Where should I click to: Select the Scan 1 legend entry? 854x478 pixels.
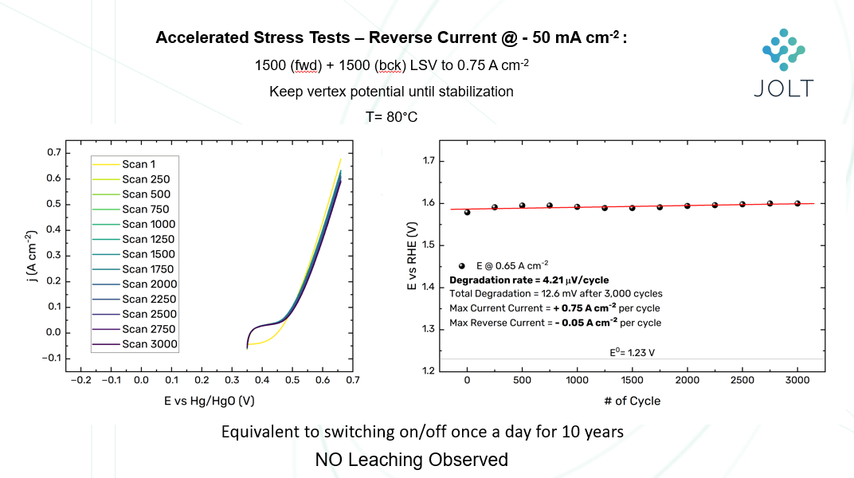139,164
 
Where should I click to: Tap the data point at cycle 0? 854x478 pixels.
467,212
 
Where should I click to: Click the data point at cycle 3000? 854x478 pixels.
797,203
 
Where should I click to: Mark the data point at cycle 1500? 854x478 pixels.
633,208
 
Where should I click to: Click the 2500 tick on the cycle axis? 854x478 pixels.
742,381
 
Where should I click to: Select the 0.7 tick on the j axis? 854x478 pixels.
53,152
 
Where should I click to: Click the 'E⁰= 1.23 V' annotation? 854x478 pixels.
633,350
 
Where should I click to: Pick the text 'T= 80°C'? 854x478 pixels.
391,116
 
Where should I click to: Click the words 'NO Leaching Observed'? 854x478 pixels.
411,460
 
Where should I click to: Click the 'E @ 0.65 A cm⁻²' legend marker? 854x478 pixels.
462,265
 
